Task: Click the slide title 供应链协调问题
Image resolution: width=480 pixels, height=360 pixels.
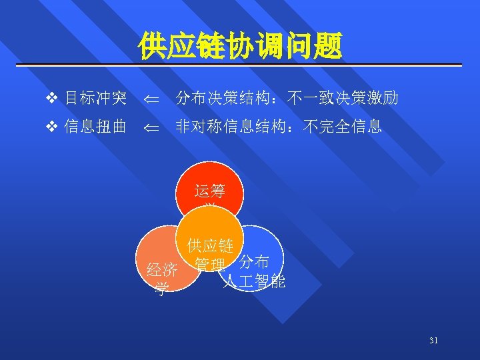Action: (240, 46)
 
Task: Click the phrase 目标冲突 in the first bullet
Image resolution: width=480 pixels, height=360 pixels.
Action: (95, 99)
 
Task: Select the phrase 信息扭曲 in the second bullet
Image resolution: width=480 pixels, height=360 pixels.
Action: (95, 126)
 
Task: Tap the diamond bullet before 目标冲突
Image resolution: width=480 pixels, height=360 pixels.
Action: (53, 99)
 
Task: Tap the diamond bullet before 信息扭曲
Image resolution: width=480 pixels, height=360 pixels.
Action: (53, 126)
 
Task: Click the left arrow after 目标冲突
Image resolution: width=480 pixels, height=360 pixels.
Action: (153, 101)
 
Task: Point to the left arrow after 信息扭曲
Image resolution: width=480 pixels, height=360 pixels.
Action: (153, 127)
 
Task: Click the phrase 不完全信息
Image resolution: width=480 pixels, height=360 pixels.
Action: (342, 126)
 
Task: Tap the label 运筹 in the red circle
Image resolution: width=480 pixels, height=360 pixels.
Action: (209, 191)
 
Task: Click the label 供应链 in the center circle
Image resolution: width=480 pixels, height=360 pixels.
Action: (210, 246)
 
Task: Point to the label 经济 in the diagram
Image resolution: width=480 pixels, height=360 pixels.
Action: (162, 271)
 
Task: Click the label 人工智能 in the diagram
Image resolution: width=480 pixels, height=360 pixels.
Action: (254, 282)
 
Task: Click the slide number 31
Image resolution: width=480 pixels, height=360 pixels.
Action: (434, 341)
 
